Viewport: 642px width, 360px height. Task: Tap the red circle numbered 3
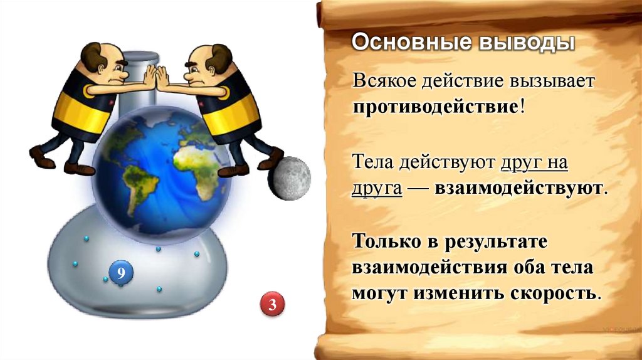(272, 305)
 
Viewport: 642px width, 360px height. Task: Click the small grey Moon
(290, 178)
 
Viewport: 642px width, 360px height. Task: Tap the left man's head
(101, 63)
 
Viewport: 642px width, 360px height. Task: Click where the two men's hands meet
(154, 77)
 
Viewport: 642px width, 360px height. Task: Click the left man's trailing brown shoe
(41, 157)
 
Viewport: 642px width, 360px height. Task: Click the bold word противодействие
(434, 105)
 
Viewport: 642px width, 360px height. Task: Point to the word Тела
(371, 164)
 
